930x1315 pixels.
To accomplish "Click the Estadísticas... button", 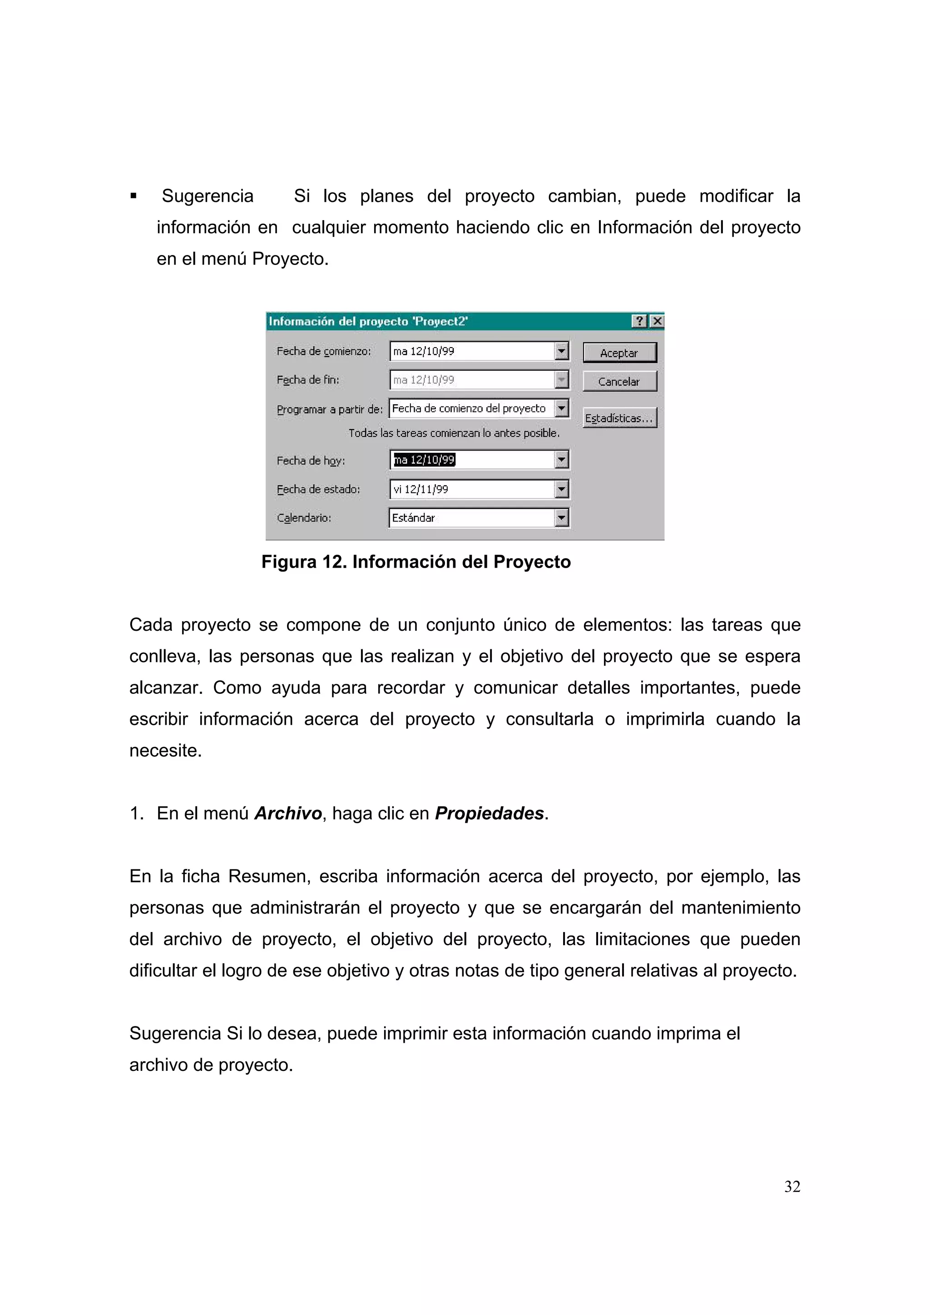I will [x=619, y=418].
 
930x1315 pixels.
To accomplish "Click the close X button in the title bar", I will [x=657, y=321].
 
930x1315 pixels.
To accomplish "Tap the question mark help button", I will [x=639, y=321].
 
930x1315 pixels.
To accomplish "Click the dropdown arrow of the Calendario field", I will [x=562, y=518].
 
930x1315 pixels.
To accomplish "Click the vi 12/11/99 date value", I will [x=420, y=489].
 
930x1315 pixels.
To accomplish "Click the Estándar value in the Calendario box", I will [x=413, y=518].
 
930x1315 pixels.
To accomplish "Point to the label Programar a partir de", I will [x=330, y=409].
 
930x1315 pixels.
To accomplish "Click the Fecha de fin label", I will [x=308, y=380].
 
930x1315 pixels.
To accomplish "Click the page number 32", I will [x=792, y=1186].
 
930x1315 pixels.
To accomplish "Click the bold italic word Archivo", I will [x=287, y=813].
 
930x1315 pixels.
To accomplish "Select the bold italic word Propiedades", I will [x=489, y=813].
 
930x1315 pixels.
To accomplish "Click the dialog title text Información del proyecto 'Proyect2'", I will [x=368, y=321].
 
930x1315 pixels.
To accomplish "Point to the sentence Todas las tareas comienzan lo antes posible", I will [x=454, y=433].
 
